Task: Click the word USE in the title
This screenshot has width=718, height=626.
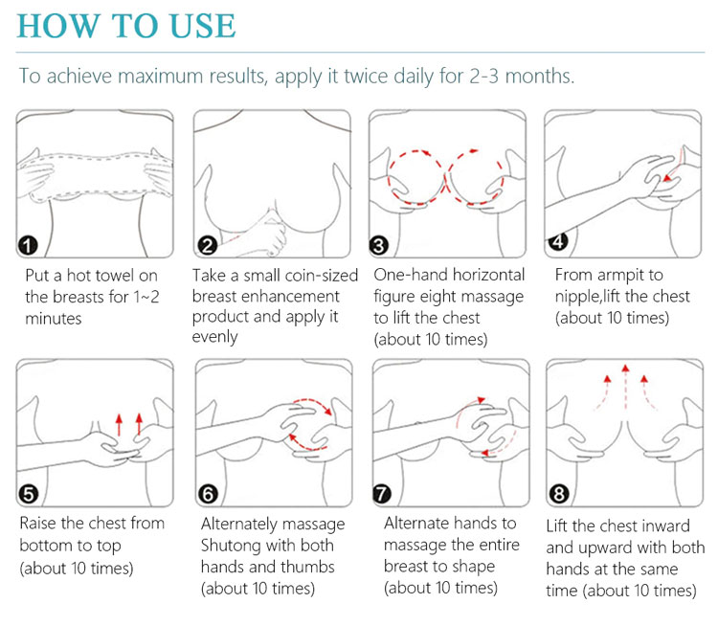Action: tap(202, 26)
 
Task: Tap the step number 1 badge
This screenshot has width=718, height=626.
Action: tap(28, 245)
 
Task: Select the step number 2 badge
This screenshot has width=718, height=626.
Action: tap(207, 245)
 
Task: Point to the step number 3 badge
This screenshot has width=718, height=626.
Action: tap(379, 246)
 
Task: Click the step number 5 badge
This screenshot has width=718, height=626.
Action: tap(29, 494)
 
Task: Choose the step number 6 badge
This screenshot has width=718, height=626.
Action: tap(208, 495)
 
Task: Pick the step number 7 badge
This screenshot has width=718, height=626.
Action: tap(381, 494)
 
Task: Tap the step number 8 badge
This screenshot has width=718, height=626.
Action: tap(559, 494)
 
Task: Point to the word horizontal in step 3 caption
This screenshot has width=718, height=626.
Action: tap(485, 275)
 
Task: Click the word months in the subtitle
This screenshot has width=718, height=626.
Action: tap(539, 76)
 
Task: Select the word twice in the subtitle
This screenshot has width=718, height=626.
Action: tap(366, 76)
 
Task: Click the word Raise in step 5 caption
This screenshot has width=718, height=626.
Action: tap(38, 523)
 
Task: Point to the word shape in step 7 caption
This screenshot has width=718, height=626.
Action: tap(473, 567)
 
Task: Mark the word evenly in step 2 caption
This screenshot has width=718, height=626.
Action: tap(214, 337)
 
